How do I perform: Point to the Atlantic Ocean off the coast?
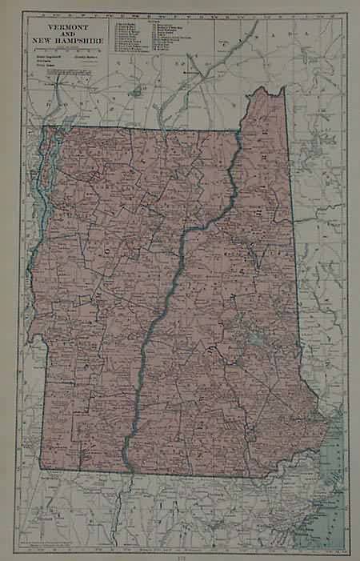[340, 464]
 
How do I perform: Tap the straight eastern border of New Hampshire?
[294, 240]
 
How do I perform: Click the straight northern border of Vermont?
[144, 130]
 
